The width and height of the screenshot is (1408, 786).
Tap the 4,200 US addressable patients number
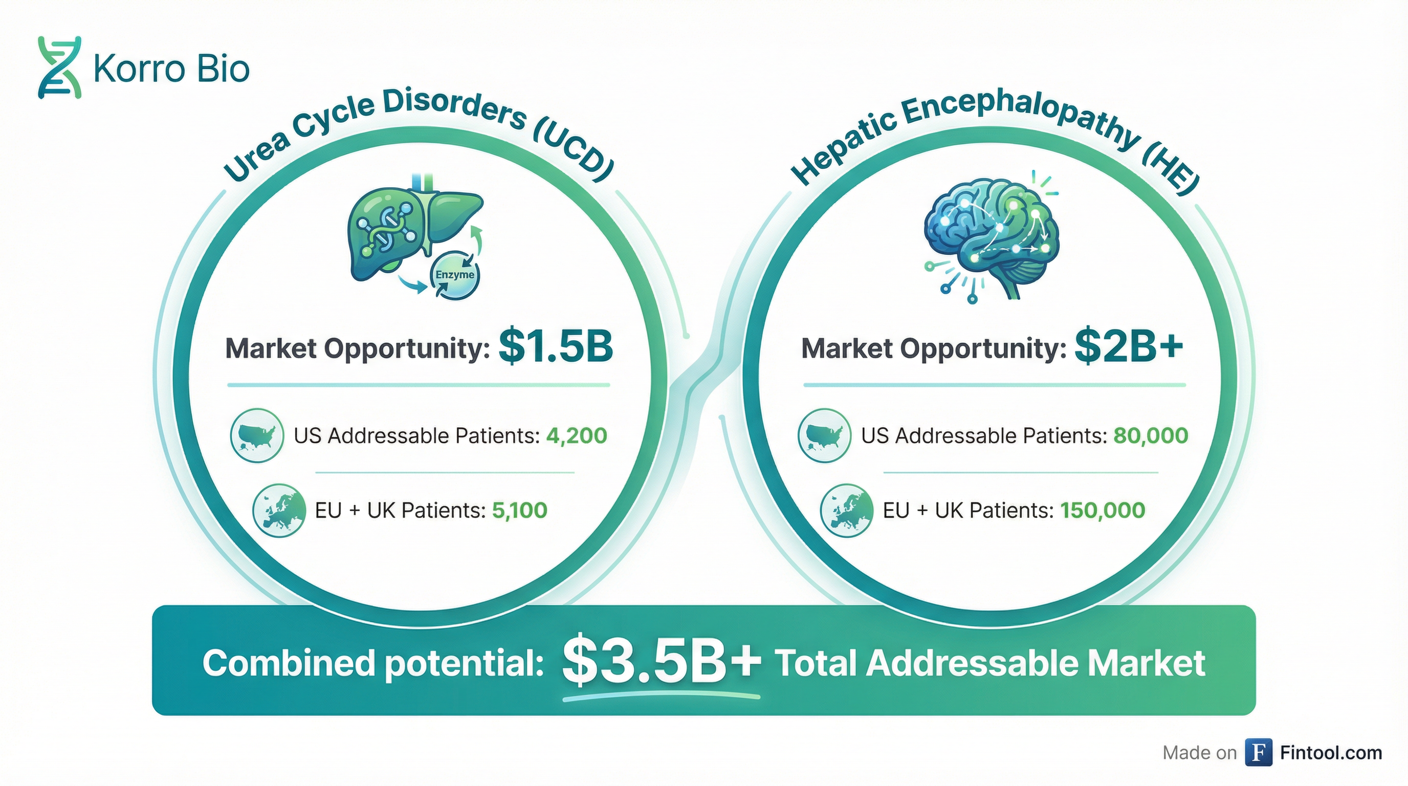(577, 435)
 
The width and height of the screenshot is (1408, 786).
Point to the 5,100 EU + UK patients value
(520, 511)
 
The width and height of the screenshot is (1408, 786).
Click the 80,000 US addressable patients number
(1151, 435)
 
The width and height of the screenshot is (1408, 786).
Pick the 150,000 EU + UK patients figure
(1103, 511)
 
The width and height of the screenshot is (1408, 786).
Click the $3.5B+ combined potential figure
(662, 663)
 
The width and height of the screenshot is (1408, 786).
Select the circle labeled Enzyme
(455, 274)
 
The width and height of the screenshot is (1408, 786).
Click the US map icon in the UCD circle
(257, 435)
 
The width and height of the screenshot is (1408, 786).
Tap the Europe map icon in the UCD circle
(279, 511)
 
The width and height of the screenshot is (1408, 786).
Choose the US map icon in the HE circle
(824, 435)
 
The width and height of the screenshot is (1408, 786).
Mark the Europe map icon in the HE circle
(847, 511)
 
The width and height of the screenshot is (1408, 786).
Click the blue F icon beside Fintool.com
(1259, 753)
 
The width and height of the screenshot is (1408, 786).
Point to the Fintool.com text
(1331, 753)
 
